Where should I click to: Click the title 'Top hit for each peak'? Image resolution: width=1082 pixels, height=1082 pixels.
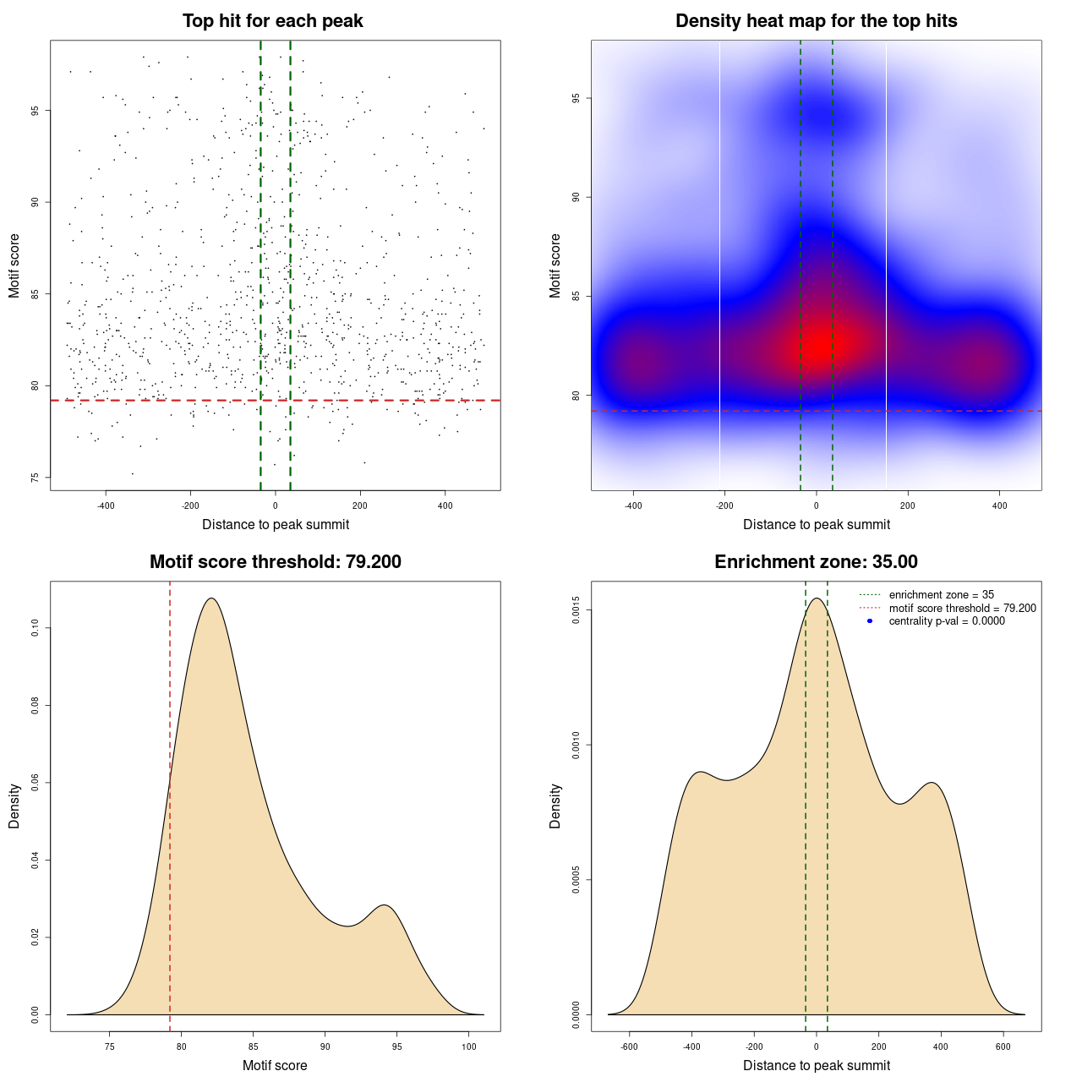pyautogui.click(x=273, y=21)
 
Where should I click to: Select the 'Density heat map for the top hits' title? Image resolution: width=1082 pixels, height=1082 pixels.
pyautogui.click(x=816, y=21)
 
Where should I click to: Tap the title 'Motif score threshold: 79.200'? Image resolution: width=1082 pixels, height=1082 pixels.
pyautogui.click(x=275, y=562)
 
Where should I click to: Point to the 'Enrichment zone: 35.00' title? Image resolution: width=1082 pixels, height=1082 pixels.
pyautogui.click(x=816, y=562)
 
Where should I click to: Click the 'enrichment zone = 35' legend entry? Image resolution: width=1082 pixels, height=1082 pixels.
pyautogui.click(x=941, y=595)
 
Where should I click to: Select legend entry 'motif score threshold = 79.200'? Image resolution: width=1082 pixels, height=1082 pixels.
pyautogui.click(x=962, y=608)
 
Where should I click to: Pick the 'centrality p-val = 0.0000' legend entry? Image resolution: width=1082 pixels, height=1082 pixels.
pyautogui.click(x=947, y=620)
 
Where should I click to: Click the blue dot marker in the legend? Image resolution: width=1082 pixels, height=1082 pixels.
pyautogui.click(x=870, y=621)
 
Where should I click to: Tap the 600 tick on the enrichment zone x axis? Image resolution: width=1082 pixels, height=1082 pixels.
pyautogui.click(x=1003, y=1046)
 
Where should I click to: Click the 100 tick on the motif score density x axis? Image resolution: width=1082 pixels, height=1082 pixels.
pyautogui.click(x=469, y=1046)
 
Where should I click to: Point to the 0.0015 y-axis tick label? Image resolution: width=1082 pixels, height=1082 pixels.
pyautogui.click(x=576, y=610)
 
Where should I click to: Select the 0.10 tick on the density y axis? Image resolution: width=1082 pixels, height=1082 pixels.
pyautogui.click(x=35, y=628)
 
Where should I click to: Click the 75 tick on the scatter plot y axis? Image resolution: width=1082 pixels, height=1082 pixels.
pyautogui.click(x=35, y=478)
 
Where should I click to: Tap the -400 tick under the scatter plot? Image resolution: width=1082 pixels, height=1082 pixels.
pyautogui.click(x=106, y=505)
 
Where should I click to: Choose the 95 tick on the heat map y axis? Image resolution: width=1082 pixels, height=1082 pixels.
pyautogui.click(x=576, y=98)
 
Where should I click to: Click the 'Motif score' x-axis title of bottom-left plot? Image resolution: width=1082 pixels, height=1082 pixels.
pyautogui.click(x=275, y=1065)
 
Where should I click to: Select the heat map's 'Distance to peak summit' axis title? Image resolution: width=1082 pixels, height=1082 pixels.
pyautogui.click(x=816, y=524)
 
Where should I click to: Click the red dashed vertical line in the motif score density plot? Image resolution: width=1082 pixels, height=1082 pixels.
pyautogui.click(x=170, y=845)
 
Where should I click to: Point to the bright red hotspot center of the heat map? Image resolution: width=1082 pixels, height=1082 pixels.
pyautogui.click(x=818, y=343)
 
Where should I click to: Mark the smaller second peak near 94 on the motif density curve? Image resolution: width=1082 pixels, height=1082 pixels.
pyautogui.click(x=385, y=905)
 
